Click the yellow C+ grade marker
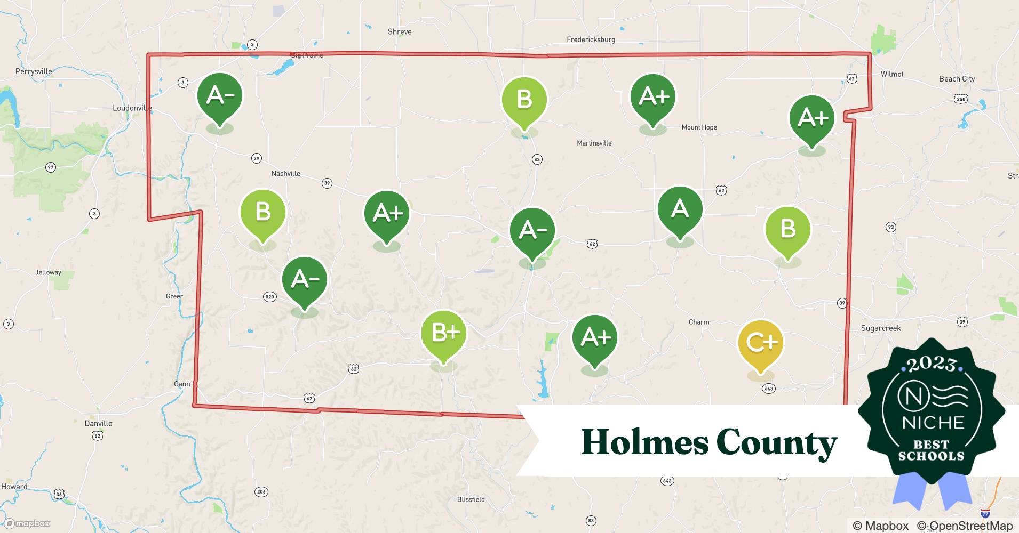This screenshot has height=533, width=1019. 760,343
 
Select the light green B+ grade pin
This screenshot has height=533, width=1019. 443,333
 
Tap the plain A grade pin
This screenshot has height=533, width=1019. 680,209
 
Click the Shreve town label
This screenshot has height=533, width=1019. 400,32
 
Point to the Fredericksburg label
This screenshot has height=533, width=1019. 591,39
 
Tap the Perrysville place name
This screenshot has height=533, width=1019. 34,71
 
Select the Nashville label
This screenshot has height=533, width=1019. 285,174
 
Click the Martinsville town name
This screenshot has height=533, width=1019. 594,143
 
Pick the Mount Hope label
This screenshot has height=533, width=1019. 699,127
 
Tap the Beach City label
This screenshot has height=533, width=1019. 957,79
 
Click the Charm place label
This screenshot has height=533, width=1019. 698,322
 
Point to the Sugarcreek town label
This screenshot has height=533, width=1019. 880,328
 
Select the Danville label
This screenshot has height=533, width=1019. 98,424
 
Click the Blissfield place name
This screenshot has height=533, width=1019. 471,499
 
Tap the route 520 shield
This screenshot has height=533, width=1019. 269,297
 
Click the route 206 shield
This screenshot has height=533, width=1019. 261,491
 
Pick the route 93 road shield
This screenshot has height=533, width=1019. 890,227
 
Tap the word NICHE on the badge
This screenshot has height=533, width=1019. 933,423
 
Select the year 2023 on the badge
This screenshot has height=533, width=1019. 931,364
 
